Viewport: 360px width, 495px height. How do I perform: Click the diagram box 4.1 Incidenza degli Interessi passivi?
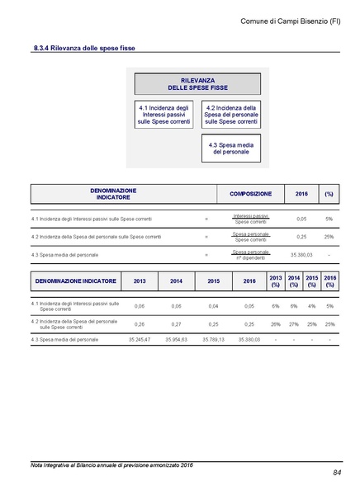pyautogui.click(x=165, y=115)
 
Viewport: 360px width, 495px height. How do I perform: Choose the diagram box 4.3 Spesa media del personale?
pyautogui.click(x=230, y=148)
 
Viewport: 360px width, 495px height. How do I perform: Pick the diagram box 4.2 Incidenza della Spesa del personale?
pyautogui.click(x=231, y=115)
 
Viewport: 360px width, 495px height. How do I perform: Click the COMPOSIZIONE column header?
pyautogui.click(x=250, y=194)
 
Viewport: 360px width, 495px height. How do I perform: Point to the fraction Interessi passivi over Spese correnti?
pyautogui.click(x=250, y=219)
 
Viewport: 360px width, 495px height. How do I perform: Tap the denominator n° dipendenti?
pyautogui.click(x=250, y=258)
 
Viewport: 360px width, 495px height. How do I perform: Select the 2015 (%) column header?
pyautogui.click(x=312, y=280)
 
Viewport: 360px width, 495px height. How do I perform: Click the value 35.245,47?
pyautogui.click(x=140, y=339)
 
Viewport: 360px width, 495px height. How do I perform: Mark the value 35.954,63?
pyautogui.click(x=177, y=339)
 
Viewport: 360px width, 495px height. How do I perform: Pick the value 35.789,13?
pyautogui.click(x=214, y=339)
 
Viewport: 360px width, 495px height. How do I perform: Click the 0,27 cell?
pyautogui.click(x=177, y=324)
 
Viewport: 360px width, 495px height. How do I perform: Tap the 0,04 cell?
pyautogui.click(x=214, y=306)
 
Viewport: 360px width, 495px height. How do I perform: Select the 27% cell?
pyautogui.click(x=294, y=324)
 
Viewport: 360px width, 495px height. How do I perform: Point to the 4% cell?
pyautogui.click(x=312, y=306)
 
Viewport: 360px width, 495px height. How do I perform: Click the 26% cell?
pyautogui.click(x=276, y=324)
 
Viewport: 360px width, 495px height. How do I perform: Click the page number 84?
pyautogui.click(x=338, y=473)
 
